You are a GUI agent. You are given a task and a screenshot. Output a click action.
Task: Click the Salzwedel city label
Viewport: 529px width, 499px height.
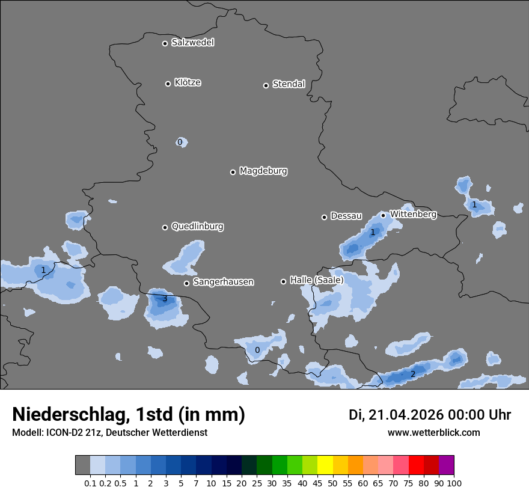[192, 43]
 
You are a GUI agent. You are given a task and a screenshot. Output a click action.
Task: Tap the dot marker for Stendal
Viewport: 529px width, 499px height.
[266, 85]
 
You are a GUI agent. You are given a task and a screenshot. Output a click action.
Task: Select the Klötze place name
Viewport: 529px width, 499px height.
[188, 82]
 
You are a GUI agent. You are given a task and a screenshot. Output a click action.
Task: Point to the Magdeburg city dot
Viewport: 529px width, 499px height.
[233, 172]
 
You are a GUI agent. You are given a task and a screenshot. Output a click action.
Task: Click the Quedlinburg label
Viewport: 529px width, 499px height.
[197, 227]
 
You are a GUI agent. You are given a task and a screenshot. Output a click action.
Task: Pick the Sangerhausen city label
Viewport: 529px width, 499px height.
[223, 282]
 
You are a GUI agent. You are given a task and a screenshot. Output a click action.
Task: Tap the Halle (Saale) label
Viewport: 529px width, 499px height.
[317, 280]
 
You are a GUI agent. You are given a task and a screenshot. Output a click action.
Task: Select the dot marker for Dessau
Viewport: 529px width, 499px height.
[324, 217]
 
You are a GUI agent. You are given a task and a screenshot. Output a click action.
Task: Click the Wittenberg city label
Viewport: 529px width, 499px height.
[413, 214]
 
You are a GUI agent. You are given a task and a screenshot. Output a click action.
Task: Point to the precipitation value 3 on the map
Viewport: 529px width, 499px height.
[164, 298]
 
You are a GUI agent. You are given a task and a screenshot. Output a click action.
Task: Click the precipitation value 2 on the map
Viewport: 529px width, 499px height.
[412, 375]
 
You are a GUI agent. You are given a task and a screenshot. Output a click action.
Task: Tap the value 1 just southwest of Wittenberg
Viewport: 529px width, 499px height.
[372, 232]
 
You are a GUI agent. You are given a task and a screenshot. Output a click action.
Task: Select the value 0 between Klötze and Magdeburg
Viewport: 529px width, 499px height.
[179, 142]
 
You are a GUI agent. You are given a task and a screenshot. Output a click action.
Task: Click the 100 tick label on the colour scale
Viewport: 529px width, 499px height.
[454, 483]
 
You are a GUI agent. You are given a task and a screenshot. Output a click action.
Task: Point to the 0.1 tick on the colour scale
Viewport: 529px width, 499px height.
[90, 483]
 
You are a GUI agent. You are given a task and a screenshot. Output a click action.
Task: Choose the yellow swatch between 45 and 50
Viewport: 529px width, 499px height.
[325, 465]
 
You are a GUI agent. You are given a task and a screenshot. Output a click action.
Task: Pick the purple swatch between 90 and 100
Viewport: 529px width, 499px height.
[447, 465]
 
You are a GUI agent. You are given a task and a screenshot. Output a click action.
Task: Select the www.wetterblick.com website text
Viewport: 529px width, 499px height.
[433, 432]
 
